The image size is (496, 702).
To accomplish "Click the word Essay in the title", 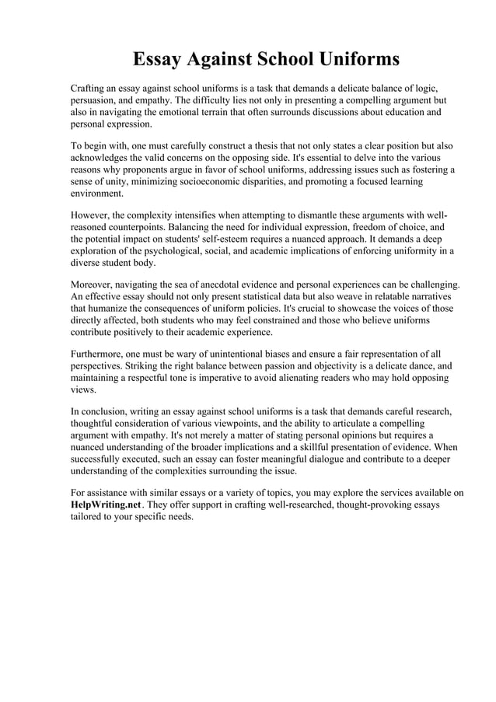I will [x=160, y=59].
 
